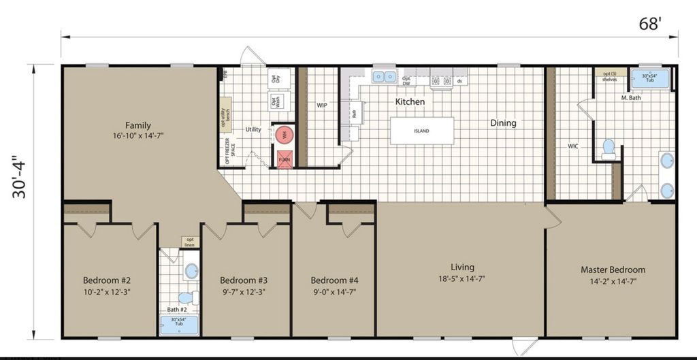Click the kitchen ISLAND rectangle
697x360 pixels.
pyautogui.click(x=421, y=131)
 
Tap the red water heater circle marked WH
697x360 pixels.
pyautogui.click(x=285, y=135)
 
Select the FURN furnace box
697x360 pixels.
pyautogui.click(x=285, y=159)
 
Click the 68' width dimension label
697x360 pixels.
pyautogui.click(x=649, y=24)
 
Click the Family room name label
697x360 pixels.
pyautogui.click(x=138, y=125)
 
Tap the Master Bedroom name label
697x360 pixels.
pyautogui.click(x=613, y=269)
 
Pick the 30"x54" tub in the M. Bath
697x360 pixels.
pyautogui.click(x=649, y=79)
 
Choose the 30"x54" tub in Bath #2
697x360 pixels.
pyautogui.click(x=179, y=325)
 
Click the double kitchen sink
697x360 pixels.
pyautogui.click(x=385, y=76)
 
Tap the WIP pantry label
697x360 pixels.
pyautogui.click(x=322, y=106)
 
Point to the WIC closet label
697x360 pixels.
pyautogui.click(x=573, y=146)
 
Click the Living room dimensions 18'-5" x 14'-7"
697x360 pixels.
pyautogui.click(x=462, y=278)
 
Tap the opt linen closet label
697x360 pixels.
pyautogui.click(x=189, y=242)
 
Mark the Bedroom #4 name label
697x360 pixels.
pyautogui.click(x=334, y=280)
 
